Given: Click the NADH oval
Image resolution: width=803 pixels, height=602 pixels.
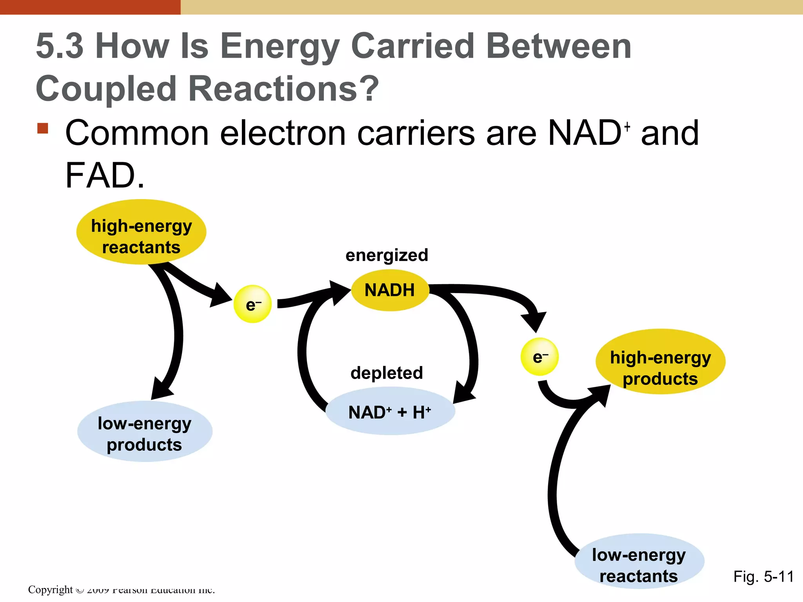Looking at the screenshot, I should coord(390,290).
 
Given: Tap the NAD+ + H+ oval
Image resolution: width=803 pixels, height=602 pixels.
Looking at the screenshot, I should coord(390,412).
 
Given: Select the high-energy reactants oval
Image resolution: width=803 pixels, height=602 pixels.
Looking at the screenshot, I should coord(141,232).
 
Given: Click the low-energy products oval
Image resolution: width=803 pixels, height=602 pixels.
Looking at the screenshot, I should coord(145,432).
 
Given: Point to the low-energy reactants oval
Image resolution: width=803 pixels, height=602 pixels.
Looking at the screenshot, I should coord(639,561).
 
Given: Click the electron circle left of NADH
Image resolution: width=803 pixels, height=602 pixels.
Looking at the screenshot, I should coord(253,305).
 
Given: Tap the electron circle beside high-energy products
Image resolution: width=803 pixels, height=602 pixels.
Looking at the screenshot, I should coord(540,357).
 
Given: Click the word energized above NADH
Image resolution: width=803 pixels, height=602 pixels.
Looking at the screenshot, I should coord(387,256).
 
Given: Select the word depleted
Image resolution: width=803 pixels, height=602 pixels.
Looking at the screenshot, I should coord(387,373).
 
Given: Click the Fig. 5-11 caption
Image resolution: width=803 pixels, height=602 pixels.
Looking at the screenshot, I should coord(763,577).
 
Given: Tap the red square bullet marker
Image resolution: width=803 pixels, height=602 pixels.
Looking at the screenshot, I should coord(43,129).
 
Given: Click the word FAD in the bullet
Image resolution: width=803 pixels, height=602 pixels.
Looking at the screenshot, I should coord(100,176).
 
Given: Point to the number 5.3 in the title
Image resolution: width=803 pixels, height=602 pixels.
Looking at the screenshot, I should coord(60,47).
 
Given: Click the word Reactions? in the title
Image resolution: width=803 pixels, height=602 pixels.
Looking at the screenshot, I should coord(283,89).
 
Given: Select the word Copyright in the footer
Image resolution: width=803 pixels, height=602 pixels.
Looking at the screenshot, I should coord(50,589).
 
